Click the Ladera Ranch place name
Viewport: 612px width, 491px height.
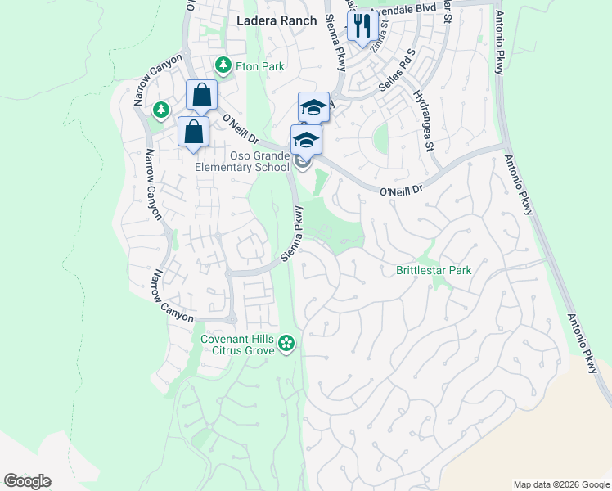(276, 20)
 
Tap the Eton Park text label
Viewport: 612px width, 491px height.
(259, 65)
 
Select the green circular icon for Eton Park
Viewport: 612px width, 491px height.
(222, 65)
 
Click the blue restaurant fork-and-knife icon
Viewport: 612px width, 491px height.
(361, 26)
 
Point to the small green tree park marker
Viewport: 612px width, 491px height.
(161, 109)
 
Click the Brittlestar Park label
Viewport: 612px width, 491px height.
(434, 269)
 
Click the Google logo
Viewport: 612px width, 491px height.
(27, 481)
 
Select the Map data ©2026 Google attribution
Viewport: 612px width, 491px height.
(560, 484)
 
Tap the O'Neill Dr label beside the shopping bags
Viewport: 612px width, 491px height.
(241, 128)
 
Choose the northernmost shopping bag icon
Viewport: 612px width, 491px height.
(201, 97)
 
